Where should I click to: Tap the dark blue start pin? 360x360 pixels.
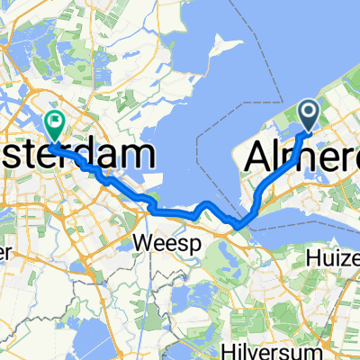coord(308,113)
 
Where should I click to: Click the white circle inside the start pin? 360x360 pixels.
coord(308,112)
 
